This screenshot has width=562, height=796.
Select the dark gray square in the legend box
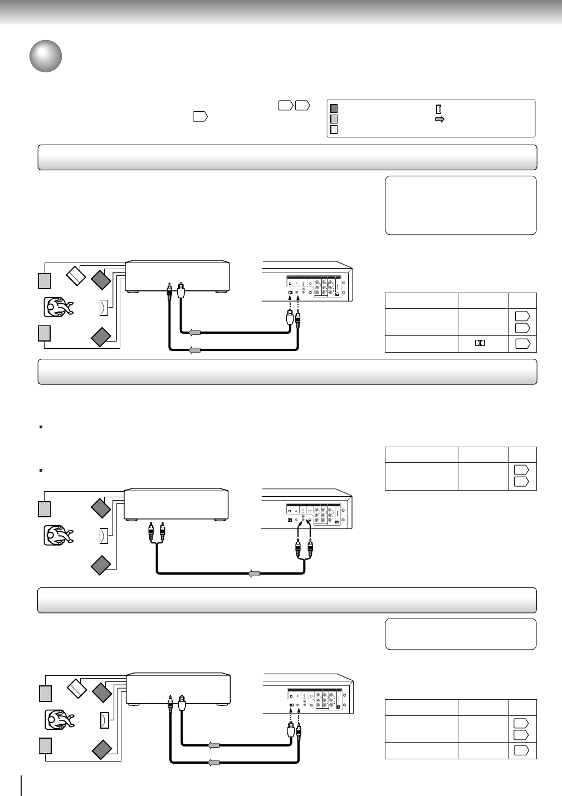334,109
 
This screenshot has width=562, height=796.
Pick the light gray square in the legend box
334,118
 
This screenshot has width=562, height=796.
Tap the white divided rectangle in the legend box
334,129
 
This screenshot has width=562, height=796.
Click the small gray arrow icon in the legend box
439,119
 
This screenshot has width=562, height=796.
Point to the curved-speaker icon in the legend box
438,109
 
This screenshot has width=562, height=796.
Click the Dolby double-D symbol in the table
480,343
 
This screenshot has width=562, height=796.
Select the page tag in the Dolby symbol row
522,343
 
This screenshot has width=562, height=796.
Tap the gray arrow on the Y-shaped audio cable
254,573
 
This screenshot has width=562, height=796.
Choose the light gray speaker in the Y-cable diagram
44,509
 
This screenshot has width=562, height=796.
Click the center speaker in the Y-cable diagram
104,536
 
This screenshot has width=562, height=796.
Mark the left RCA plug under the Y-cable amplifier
150,535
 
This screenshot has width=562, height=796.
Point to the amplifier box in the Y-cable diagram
177,505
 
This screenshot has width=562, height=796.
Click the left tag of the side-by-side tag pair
285,105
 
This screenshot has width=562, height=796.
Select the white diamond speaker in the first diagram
76,274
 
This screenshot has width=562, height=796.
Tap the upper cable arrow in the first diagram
195,333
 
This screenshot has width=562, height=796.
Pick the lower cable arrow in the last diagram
213,763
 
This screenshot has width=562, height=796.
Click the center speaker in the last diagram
104,720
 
